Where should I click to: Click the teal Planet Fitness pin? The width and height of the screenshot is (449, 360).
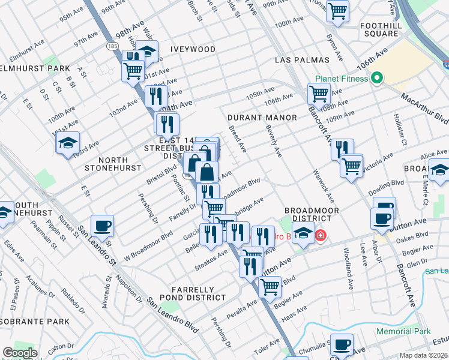[377, 78]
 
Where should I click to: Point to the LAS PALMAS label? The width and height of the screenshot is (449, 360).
[303, 61]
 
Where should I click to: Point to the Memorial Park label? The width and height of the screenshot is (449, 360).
[403, 331]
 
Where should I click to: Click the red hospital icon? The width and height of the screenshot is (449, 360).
[321, 235]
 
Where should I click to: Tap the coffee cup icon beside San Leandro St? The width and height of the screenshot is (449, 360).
[102, 226]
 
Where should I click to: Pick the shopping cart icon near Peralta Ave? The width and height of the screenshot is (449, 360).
[270, 287]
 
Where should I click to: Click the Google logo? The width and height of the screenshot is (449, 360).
[20, 353]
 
